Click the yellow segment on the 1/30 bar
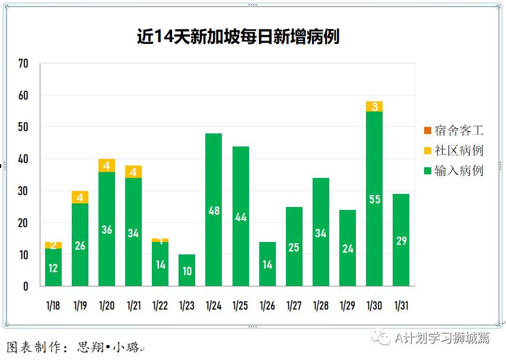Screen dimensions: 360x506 click(x=374, y=107)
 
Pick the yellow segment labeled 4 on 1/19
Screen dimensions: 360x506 click(x=80, y=197)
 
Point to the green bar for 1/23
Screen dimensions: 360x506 click(x=187, y=270)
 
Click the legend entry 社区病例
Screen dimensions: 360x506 click(x=454, y=151)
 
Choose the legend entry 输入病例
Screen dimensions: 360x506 click(x=454, y=171)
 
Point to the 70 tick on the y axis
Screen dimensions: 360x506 click(x=23, y=63)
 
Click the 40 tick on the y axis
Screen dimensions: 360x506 click(x=23, y=159)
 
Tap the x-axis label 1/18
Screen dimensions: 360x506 click(x=53, y=306)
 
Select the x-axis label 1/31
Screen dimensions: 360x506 click(x=401, y=306)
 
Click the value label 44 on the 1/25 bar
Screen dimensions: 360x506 click(x=240, y=217)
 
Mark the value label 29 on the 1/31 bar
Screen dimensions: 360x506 click(x=401, y=241)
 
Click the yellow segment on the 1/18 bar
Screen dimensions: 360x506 click(x=53, y=245)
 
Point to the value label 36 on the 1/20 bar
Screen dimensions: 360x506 click(x=107, y=230)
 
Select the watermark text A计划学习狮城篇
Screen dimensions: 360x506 click(x=442, y=337)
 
